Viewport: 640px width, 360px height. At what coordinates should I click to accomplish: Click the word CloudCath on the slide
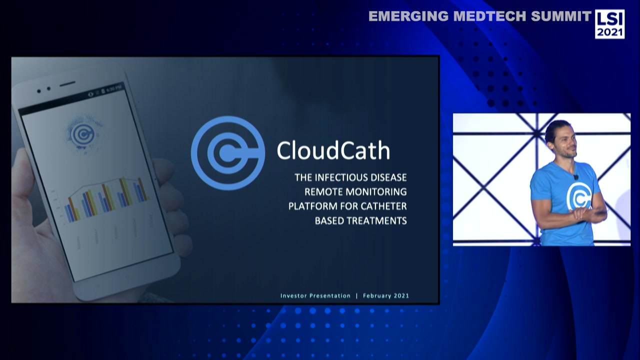[333, 150]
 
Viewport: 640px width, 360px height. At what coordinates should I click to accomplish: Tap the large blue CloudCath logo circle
[228, 153]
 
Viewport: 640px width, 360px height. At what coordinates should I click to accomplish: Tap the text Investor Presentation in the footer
[315, 295]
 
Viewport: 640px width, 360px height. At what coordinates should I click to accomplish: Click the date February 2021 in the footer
[386, 295]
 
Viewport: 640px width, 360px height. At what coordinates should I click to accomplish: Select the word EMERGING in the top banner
[408, 16]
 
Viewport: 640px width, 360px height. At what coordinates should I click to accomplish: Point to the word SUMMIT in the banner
[561, 16]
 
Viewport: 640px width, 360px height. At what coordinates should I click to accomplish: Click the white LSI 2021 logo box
[609, 24]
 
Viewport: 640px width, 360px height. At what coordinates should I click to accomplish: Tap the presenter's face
[561, 139]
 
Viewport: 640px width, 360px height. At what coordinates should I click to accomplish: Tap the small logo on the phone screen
[81, 133]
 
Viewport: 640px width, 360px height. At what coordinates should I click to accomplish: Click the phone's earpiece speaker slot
[67, 83]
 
